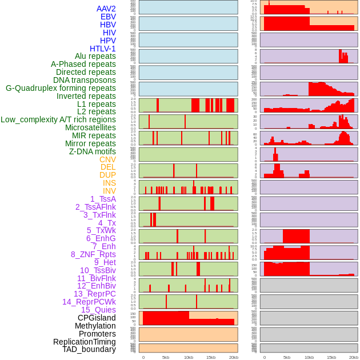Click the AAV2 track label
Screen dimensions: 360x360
point(106,9)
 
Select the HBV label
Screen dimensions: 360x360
point(107,25)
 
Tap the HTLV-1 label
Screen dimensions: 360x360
point(102,49)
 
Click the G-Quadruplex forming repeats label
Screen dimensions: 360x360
point(61,88)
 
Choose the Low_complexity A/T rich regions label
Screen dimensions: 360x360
point(58,119)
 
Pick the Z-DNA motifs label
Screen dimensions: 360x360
point(92,151)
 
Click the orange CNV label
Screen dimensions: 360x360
point(107,159)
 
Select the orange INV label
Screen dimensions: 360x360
point(109,191)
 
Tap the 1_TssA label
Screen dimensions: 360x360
point(103,199)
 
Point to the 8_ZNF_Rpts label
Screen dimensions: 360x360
point(93,254)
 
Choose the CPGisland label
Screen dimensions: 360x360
point(97,318)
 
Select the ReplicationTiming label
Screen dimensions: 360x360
point(84,342)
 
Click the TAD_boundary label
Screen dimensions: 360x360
point(89,349)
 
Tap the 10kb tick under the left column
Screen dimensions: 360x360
point(188,357)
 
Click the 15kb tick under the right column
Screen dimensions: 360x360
point(331,357)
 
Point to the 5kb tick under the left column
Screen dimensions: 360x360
point(166,357)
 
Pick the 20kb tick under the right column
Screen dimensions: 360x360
point(354,357)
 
